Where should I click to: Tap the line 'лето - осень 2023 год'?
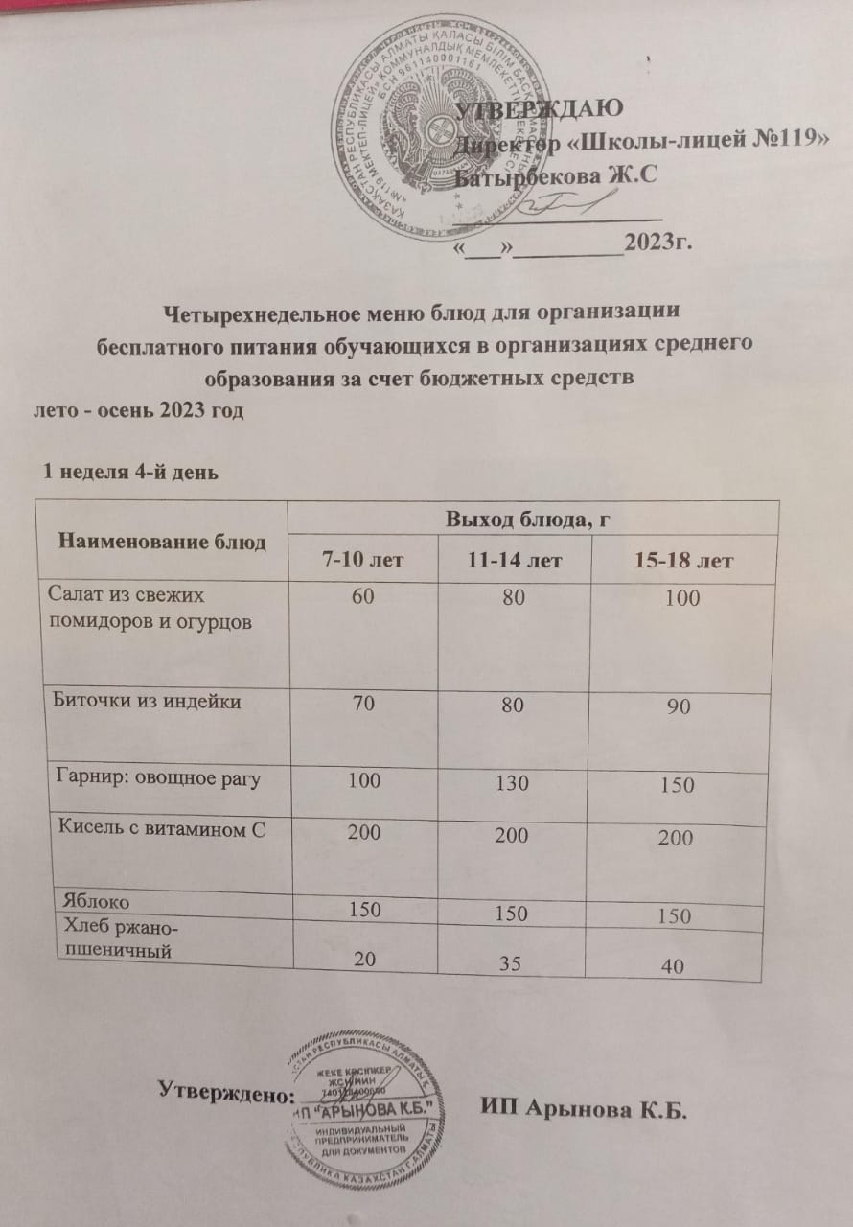140,411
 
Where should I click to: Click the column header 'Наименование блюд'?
162,541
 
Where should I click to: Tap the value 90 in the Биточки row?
680,707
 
